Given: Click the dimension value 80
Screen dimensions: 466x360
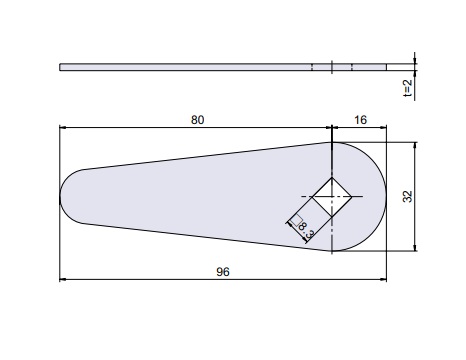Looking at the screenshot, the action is pos(197,120).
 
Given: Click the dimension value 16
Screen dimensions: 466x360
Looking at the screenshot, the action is pos(360,120).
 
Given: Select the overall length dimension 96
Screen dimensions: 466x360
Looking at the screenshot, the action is pos(223,272).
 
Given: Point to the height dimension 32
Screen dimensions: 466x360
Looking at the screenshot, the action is pos(407,196).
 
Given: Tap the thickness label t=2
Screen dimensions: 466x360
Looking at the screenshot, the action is pos(407,88).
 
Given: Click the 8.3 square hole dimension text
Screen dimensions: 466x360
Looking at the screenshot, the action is pos(307,231).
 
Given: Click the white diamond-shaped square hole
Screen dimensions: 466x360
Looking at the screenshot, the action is pos(332,197).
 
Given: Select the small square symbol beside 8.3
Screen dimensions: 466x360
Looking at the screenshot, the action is pos(297,221).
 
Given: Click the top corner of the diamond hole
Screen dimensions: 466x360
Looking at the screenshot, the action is pos(332,178).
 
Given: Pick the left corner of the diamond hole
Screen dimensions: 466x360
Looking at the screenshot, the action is pos(312,197).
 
